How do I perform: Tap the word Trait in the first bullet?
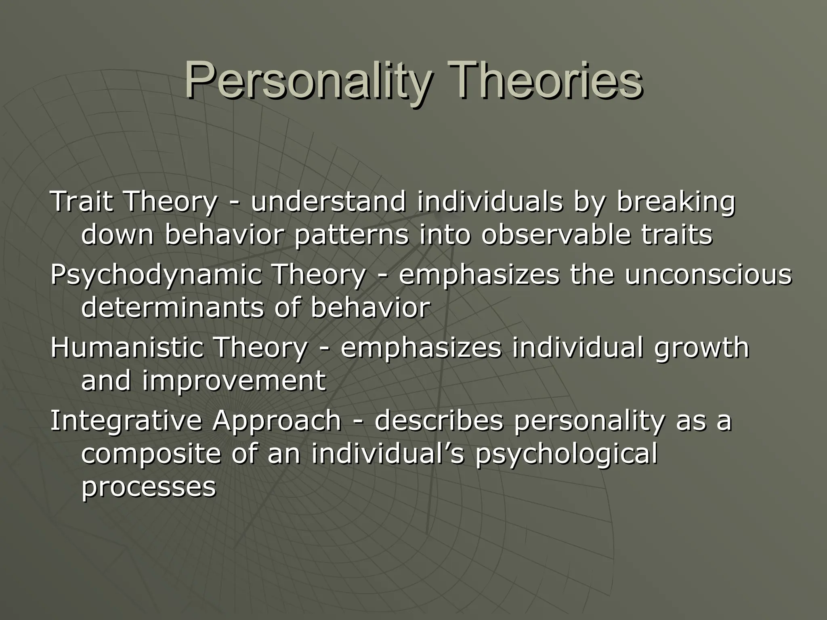tap(81, 201)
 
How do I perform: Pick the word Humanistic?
tap(126, 348)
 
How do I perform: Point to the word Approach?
tap(277, 421)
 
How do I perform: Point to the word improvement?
tap(234, 381)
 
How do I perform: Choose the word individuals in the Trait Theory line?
tap(489, 201)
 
